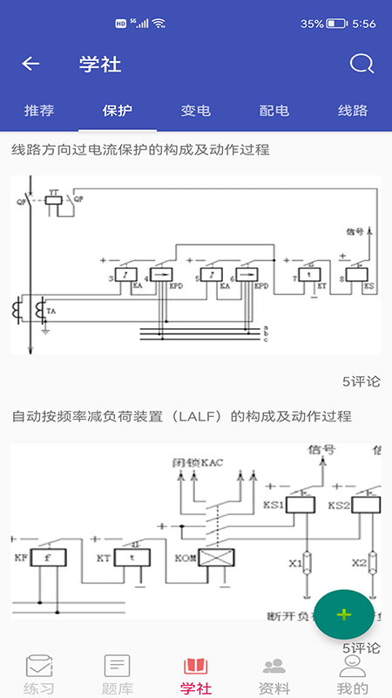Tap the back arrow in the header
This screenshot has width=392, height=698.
pyautogui.click(x=31, y=64)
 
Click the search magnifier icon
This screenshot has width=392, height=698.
pyautogui.click(x=361, y=64)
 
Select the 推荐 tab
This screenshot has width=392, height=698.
pyautogui.click(x=39, y=111)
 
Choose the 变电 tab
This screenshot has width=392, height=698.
pyautogui.click(x=196, y=111)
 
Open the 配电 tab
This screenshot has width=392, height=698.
pyautogui.click(x=274, y=111)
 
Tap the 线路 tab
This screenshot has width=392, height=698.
pyautogui.click(x=353, y=111)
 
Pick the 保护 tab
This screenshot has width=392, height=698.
pyautogui.click(x=118, y=111)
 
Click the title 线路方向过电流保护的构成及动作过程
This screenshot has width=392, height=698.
pyautogui.click(x=140, y=150)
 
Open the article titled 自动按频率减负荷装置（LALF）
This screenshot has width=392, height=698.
pyautogui.click(x=181, y=416)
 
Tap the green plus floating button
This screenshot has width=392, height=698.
pyautogui.click(x=344, y=614)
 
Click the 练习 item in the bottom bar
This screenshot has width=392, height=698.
pyautogui.click(x=39, y=674)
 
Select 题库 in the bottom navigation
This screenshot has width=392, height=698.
pyautogui.click(x=118, y=674)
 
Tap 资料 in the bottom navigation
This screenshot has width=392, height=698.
pyautogui.click(x=274, y=674)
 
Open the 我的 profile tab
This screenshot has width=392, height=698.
pyautogui.click(x=353, y=674)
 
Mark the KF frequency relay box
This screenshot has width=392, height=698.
pyautogui.click(x=48, y=557)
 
